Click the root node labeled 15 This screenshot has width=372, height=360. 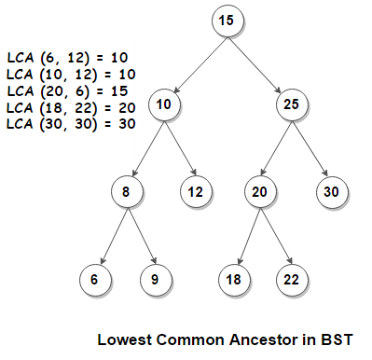[226, 20]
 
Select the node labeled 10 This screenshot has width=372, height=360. [164, 104]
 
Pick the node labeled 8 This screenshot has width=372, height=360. [126, 191]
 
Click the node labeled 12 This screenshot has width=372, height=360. [195, 191]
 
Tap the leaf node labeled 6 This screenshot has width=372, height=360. [95, 278]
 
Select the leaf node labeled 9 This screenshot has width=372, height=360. [156, 278]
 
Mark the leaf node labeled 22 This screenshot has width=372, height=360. [290, 278]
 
